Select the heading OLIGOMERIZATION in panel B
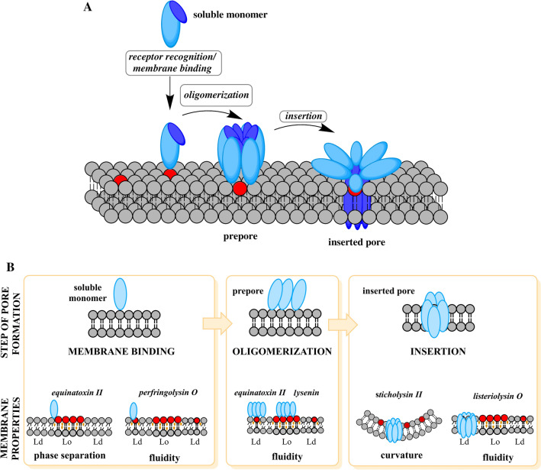(x=273, y=353)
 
